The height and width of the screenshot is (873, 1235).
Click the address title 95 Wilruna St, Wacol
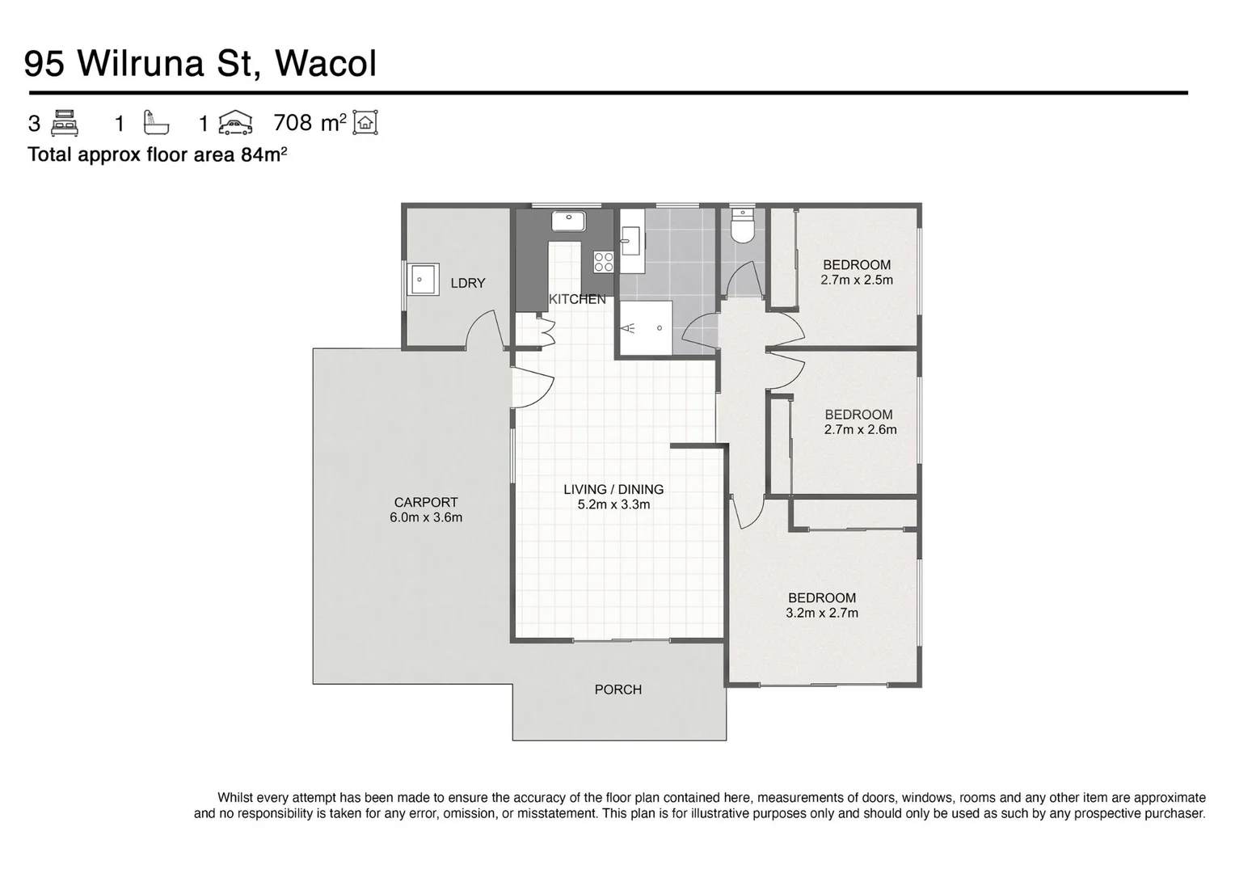click(200, 64)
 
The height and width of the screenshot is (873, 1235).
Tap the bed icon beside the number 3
click(65, 123)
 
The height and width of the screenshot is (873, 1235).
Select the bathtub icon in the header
click(156, 123)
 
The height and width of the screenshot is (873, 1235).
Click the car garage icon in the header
click(235, 123)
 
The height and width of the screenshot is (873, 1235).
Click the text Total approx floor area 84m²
click(158, 154)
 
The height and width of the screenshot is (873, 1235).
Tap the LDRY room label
click(468, 283)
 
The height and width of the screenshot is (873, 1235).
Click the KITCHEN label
click(577, 299)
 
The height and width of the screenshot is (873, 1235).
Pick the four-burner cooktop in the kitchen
click(603, 262)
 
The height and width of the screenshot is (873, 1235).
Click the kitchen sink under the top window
click(569, 220)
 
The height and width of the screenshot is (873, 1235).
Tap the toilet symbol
click(741, 227)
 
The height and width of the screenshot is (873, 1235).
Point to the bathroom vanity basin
click(630, 240)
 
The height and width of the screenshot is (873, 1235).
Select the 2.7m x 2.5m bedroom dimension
click(857, 280)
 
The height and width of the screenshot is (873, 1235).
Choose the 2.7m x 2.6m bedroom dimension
click(860, 430)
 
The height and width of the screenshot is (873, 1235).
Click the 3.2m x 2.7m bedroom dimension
click(822, 614)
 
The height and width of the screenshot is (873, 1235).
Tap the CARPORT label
click(426, 502)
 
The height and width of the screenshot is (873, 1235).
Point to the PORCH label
click(618, 690)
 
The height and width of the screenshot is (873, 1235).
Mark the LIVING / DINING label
click(613, 489)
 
